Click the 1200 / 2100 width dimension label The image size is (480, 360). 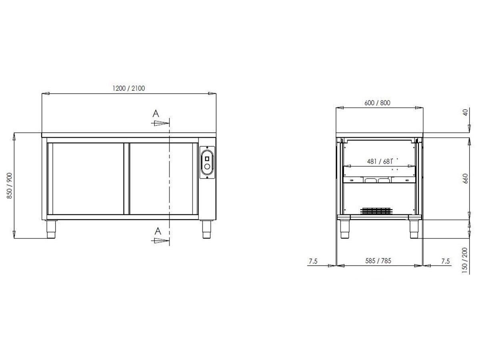tap(128, 88)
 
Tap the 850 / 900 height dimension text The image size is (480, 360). tap(10, 186)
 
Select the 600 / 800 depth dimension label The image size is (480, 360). tap(377, 103)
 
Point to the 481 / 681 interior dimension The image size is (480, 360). tap(380, 162)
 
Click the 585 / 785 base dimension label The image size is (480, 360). tap(378, 261)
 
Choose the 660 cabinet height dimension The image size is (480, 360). tap(466, 178)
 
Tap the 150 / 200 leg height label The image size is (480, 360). tap(465, 260)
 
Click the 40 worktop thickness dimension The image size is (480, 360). tap(466, 112)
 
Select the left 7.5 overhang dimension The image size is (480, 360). tap(313, 261)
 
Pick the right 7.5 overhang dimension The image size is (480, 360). tap(446, 261)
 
